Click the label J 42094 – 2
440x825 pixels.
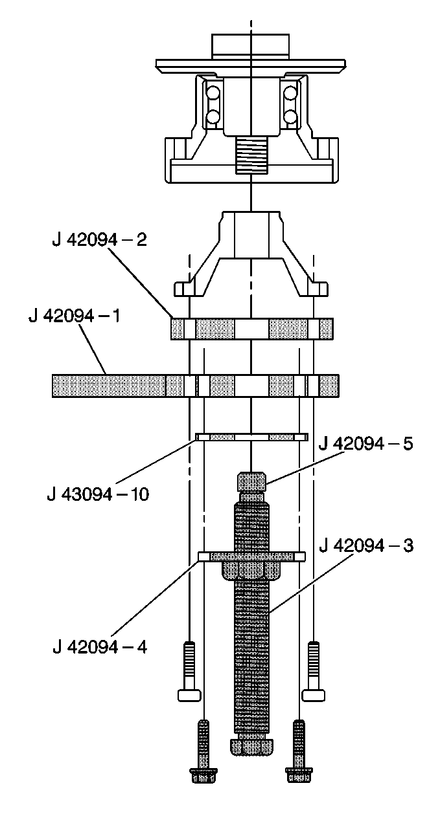[x=99, y=239]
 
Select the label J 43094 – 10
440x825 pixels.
[x=98, y=495]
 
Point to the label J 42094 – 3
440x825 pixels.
[x=366, y=545]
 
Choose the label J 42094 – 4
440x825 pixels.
[x=99, y=646]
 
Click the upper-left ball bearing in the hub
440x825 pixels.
[x=213, y=94]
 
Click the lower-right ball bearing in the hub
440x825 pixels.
[x=290, y=117]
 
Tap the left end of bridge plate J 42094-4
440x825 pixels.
[x=205, y=556]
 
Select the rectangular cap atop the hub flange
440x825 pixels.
[x=250, y=45]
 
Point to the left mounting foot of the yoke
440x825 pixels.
[x=185, y=287]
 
